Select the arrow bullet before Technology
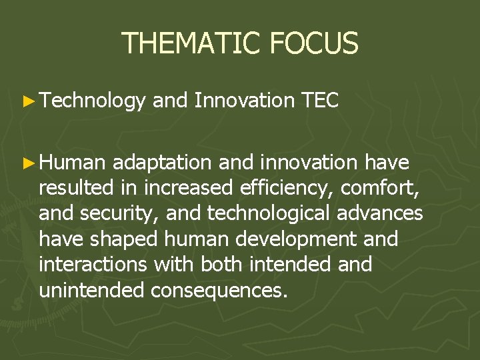click(27, 101)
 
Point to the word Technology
click(92, 101)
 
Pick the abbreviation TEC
click(320, 101)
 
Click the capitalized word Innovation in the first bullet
click(245, 101)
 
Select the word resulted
click(75, 189)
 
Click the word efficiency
click(286, 189)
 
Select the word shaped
click(127, 240)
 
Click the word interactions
click(93, 265)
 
